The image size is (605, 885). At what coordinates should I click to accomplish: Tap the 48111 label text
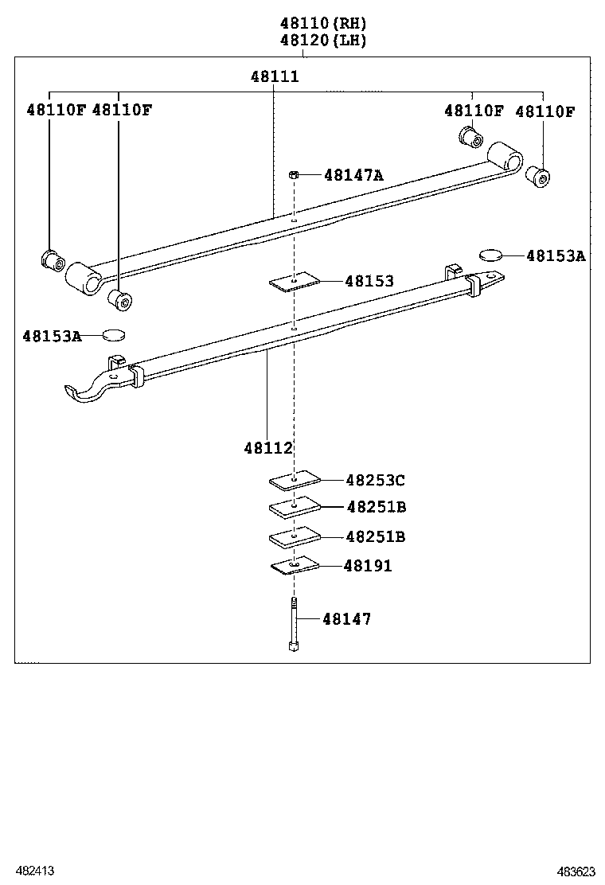(275, 76)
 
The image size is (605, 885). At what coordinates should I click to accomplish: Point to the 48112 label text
(268, 449)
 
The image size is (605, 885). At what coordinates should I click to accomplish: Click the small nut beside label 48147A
(294, 174)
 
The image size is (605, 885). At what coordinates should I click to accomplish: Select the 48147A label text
(353, 175)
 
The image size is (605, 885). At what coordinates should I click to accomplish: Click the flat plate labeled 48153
(294, 281)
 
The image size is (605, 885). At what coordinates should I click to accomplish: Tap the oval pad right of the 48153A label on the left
(115, 335)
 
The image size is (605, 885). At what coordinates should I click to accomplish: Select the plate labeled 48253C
(295, 480)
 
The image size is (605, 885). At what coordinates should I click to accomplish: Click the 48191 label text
(368, 566)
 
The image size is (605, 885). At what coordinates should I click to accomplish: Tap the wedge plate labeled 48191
(295, 566)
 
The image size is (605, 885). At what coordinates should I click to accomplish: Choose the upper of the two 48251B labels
(376, 507)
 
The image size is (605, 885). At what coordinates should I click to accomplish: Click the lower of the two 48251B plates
(295, 537)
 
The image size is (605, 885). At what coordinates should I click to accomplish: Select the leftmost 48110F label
(55, 111)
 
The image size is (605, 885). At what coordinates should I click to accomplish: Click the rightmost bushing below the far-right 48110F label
(539, 176)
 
